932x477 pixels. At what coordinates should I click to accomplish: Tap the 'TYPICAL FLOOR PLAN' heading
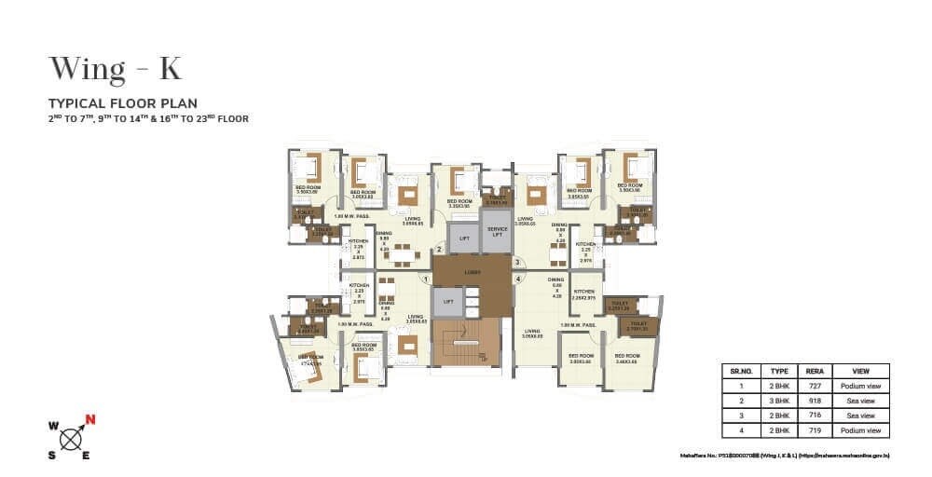(123, 103)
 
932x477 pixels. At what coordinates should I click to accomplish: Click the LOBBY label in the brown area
(471, 273)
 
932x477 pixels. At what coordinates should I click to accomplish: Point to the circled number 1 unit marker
(425, 278)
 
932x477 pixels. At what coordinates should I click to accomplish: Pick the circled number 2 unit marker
(438, 249)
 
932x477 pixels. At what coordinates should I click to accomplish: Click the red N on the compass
(89, 417)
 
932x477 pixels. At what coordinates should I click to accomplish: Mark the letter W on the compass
(53, 428)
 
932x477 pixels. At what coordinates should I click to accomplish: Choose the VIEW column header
(860, 370)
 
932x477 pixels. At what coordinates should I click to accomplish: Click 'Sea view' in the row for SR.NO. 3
(860, 416)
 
